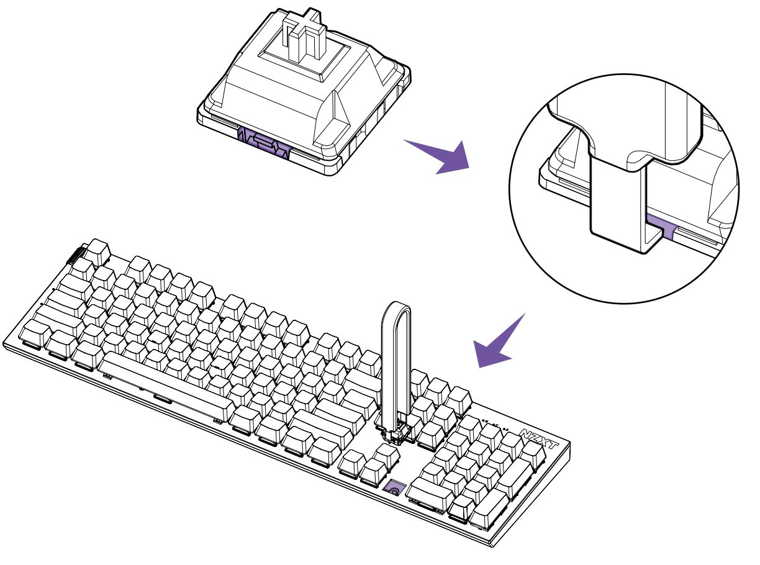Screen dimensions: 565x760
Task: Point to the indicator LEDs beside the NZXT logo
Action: tap(494, 427)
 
